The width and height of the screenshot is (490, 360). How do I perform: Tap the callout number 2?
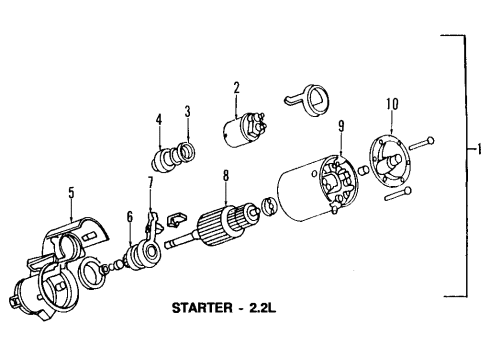coord(237,87)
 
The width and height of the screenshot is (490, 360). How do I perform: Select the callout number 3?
coord(186,111)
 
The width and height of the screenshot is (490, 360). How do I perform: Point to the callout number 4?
coord(158,121)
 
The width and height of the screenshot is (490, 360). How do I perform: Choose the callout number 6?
coord(129,216)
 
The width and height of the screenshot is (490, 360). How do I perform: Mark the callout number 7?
coord(151,182)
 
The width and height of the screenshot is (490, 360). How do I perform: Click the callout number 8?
coord(226,175)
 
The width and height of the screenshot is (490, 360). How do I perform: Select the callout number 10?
coord(390,103)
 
